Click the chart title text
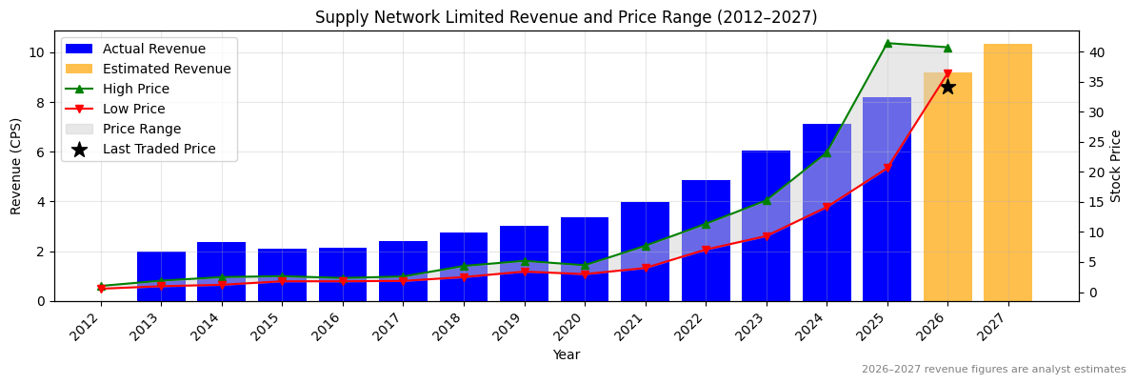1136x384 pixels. (566, 17)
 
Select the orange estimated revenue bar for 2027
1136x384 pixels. (1007, 172)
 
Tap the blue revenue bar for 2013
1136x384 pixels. (161, 276)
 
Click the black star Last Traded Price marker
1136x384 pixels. (947, 87)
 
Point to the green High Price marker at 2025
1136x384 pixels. (887, 43)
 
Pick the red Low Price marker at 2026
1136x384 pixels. (947, 74)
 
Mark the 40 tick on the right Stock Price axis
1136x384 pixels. (1095, 52)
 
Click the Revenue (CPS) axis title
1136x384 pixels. (16, 166)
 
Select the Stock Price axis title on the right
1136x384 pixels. (1116, 166)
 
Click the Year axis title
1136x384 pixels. (566, 355)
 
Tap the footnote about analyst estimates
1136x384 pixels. (993, 370)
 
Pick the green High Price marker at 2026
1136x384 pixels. (947, 48)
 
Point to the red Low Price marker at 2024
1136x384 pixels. (827, 208)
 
